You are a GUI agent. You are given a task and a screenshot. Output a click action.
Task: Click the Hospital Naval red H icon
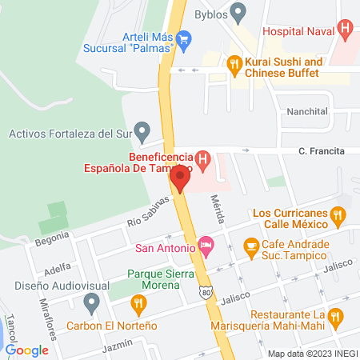coord(346,30)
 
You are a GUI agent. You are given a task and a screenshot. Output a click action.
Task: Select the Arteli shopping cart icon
coord(184,37)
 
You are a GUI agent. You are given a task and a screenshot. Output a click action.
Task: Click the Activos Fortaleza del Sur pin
coord(142,130)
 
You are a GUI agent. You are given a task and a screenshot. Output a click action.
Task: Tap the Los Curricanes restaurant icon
coord(339,215)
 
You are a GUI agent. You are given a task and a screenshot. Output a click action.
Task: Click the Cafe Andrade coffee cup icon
coord(251,246)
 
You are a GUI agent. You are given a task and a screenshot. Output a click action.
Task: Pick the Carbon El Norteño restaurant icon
coord(139,303)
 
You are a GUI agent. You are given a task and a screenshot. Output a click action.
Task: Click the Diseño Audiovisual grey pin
coord(91,302)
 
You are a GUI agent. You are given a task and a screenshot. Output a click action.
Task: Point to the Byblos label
coord(211,14)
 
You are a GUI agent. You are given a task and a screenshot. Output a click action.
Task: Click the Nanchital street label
coord(306,112)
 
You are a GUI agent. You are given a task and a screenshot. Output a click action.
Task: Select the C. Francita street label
coord(322,150)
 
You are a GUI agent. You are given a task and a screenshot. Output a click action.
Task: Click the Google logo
coord(27,350)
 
